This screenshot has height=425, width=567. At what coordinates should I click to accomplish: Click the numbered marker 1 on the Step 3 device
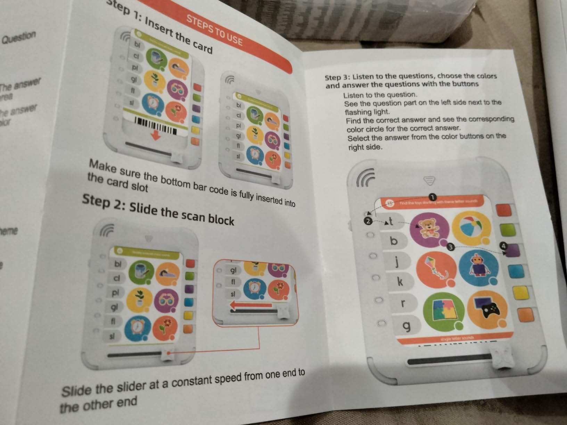(x=432, y=197)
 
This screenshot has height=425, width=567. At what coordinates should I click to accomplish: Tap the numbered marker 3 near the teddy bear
(x=450, y=247)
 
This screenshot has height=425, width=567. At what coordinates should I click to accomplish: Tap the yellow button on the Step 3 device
(x=520, y=292)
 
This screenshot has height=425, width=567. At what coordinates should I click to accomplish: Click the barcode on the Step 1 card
(x=155, y=125)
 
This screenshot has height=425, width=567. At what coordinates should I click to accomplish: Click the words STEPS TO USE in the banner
(x=214, y=30)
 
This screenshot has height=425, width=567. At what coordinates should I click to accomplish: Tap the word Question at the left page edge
(x=19, y=37)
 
